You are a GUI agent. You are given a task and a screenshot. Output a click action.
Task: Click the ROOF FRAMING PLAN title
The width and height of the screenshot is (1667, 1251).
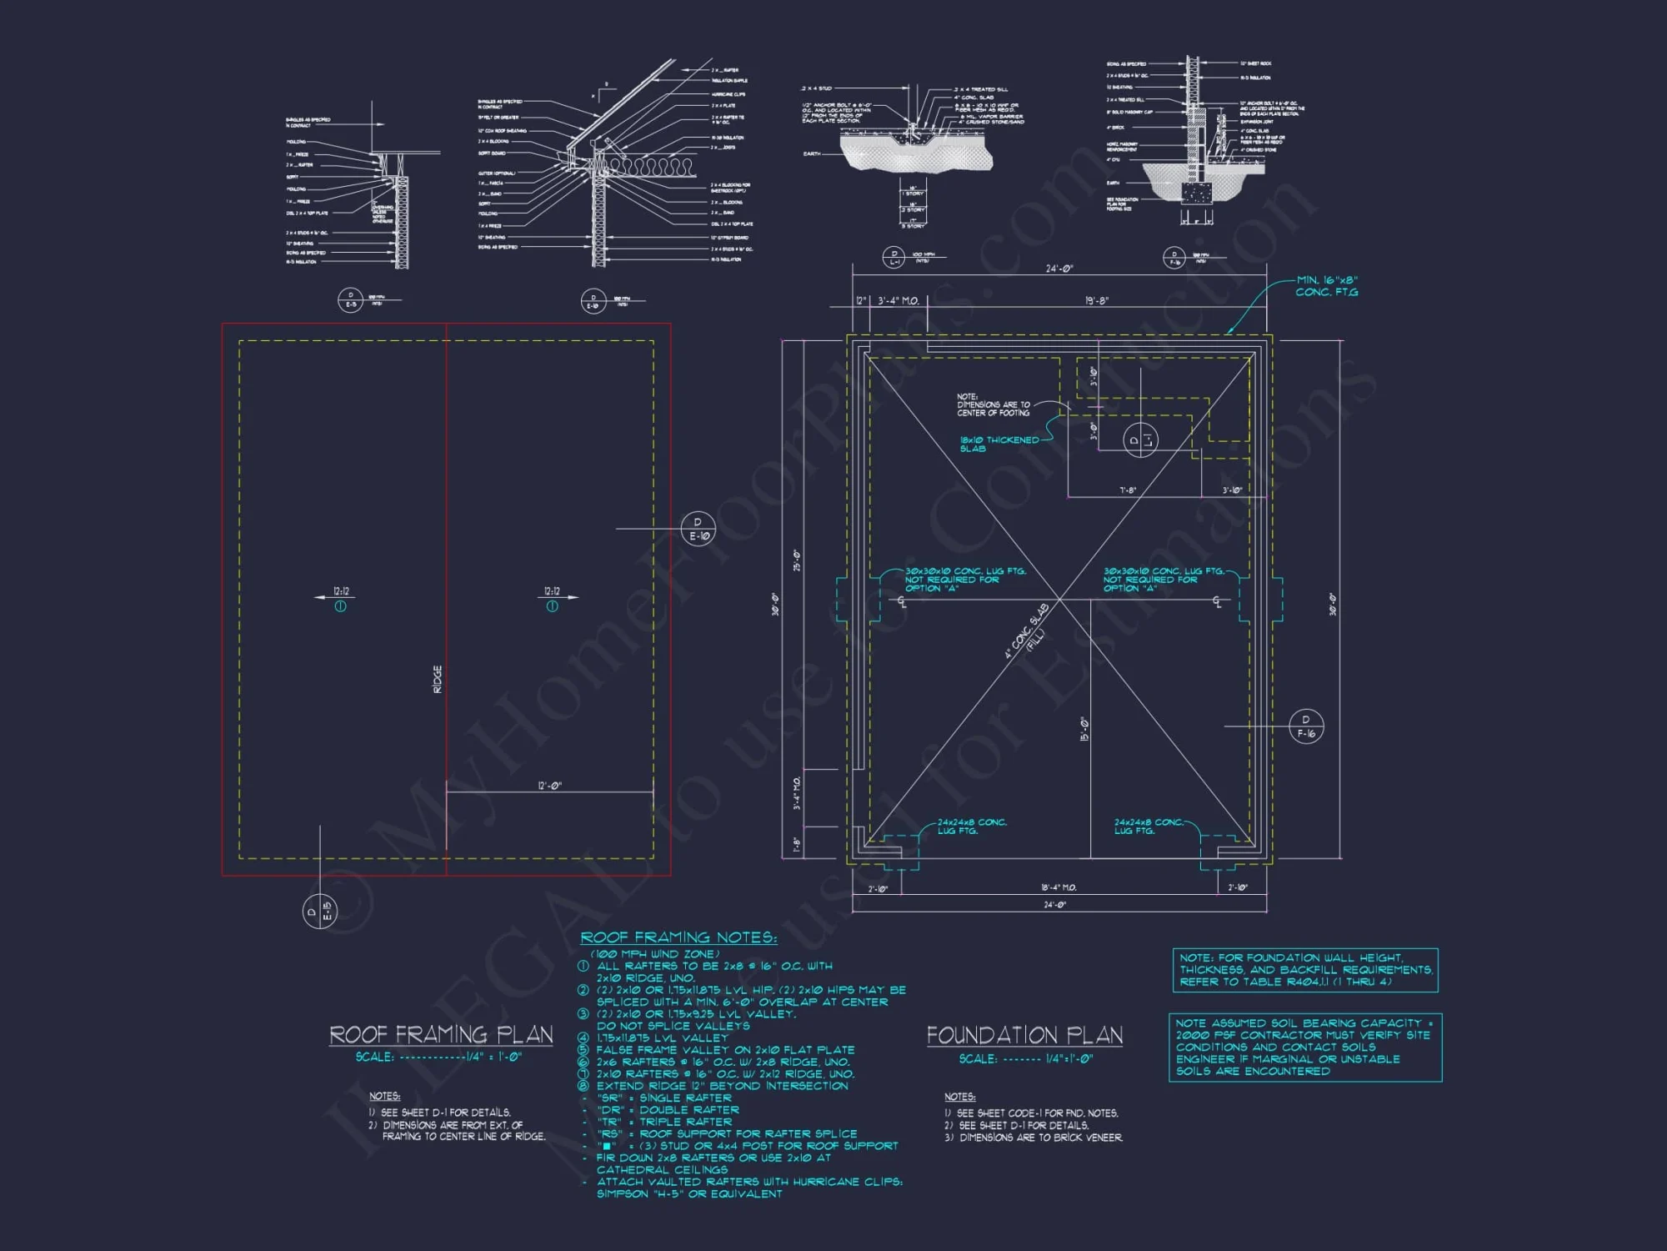point(441,1035)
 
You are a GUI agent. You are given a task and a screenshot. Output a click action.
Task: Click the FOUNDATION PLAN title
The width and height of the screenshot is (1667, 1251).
point(1024,1036)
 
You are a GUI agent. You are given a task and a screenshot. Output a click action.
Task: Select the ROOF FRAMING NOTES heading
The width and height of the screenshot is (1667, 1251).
point(678,937)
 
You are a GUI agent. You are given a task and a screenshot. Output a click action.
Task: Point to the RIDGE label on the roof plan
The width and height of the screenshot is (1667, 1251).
point(438,679)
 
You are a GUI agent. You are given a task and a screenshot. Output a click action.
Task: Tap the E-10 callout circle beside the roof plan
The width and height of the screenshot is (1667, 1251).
point(698,529)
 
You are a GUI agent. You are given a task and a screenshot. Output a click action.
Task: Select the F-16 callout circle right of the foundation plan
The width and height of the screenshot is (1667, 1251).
point(1306,726)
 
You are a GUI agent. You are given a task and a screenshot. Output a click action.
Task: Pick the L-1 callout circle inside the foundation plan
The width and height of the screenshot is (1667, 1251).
point(1140,440)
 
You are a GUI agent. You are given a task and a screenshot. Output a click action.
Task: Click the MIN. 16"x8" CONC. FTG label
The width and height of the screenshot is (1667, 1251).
point(1327,286)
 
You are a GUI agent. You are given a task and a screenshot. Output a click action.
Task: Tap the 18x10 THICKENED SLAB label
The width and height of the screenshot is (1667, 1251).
point(999,444)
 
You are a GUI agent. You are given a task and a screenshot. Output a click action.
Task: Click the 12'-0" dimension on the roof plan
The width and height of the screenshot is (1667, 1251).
point(550,786)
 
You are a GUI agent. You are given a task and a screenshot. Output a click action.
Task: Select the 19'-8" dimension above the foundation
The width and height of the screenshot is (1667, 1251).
point(1097,300)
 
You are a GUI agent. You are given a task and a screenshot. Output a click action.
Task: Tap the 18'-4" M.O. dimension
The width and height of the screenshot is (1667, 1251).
point(1059,887)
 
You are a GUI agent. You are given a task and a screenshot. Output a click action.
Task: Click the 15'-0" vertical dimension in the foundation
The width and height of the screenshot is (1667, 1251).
point(1084,729)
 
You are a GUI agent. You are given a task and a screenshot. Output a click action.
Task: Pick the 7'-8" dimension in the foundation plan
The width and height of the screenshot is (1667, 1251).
point(1128,490)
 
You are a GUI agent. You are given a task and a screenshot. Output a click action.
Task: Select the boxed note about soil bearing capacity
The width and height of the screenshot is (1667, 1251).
point(1304,1047)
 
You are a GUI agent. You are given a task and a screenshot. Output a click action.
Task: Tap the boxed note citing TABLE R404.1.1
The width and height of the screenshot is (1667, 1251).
point(1304,970)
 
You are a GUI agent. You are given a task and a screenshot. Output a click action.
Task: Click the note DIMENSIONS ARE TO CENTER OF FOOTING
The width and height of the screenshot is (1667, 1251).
point(993,405)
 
